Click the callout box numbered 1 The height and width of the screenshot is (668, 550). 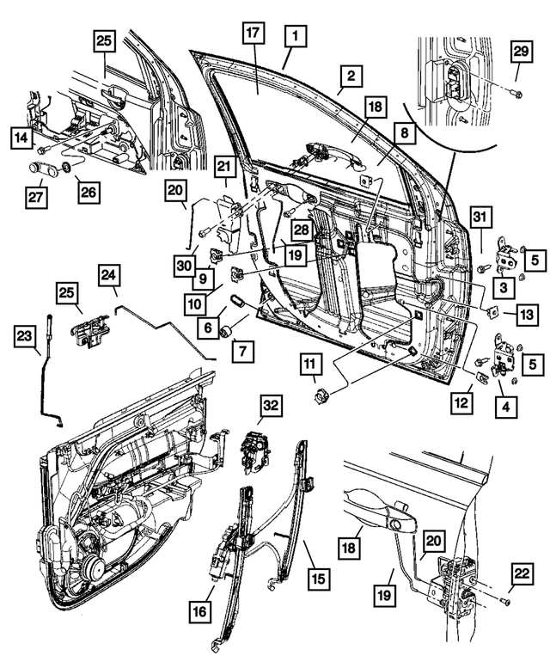pyautogui.click(x=294, y=37)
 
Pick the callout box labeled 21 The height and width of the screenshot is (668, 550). pyautogui.click(x=224, y=166)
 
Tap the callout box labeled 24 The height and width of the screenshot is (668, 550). pyautogui.click(x=108, y=275)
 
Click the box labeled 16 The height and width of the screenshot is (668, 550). pyautogui.click(x=200, y=610)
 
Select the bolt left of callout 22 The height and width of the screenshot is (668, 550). pyautogui.click(x=501, y=598)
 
